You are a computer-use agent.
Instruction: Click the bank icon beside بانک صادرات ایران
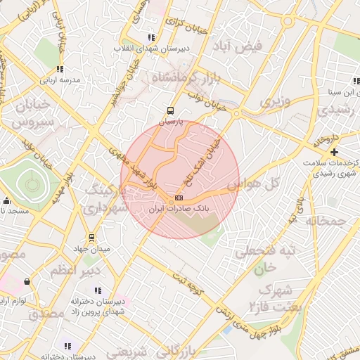coord(179,198)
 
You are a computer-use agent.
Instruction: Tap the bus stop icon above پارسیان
coord(170,110)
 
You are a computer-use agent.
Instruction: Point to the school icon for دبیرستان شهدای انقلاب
coord(151,37)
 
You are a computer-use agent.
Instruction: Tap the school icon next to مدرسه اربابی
coord(60,69)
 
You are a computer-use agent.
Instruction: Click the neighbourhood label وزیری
coord(276,102)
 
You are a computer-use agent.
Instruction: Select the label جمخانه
coord(326,221)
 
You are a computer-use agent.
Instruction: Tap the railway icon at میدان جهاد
coord(91,238)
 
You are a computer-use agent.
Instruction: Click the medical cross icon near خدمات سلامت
coord(334,152)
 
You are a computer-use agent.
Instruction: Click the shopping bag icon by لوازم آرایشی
coord(27,281)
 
